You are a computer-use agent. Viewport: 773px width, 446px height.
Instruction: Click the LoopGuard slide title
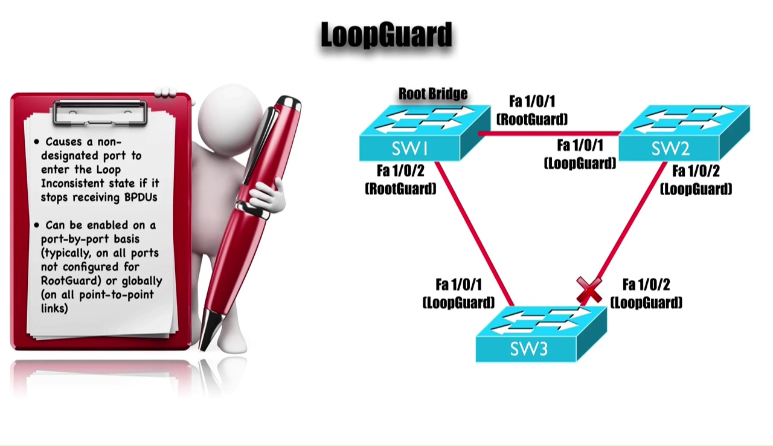pyautogui.click(x=386, y=34)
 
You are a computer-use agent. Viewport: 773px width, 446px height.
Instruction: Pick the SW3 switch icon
pyautogui.click(x=540, y=335)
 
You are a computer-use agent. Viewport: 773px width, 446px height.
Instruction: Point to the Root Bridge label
pyautogui.click(x=433, y=94)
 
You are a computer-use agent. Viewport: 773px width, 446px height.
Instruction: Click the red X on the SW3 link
pyautogui.click(x=589, y=291)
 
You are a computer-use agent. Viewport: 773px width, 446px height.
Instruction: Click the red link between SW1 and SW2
pyautogui.click(x=550, y=133)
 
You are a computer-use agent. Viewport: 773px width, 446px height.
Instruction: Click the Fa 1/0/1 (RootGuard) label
pyautogui.click(x=532, y=110)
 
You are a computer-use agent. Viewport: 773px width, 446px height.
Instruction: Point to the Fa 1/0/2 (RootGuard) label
pyautogui.click(x=400, y=179)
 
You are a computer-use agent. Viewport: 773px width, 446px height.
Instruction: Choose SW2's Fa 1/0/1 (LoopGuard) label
pyautogui.click(x=580, y=154)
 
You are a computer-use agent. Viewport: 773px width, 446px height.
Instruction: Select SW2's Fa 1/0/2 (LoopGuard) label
pyautogui.click(x=696, y=180)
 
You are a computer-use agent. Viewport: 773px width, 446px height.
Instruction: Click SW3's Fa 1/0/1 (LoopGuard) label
pyautogui.click(x=458, y=293)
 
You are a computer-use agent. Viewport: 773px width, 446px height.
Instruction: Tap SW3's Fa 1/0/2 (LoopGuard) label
pyautogui.click(x=646, y=293)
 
